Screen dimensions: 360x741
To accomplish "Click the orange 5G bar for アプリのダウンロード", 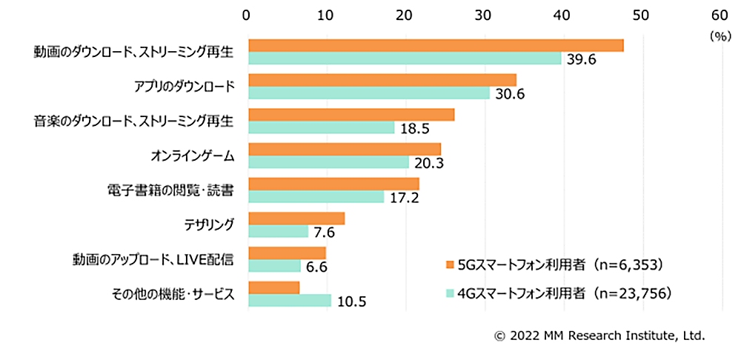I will [382, 80].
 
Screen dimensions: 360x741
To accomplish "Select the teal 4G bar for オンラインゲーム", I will [328, 162].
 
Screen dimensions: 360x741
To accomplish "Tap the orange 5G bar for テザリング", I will [296, 218].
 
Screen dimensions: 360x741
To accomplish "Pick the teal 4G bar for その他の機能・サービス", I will [290, 301].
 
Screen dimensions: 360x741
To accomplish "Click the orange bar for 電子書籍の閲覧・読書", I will [333, 183].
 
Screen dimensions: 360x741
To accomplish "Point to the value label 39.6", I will [582, 60].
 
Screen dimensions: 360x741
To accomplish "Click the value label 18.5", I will [415, 129].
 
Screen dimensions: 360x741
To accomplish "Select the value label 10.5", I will [351, 301].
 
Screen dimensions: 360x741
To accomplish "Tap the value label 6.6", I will [317, 267].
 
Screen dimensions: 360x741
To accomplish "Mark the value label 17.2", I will [405, 198].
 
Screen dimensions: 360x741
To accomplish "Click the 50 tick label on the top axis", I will [640, 14].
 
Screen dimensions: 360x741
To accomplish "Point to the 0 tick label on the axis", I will [247, 14].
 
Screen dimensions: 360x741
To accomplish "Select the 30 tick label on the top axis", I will [483, 14].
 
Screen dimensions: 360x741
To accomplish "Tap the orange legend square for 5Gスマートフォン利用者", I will [448, 264].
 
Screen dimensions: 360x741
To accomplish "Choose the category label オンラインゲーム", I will [193, 156].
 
